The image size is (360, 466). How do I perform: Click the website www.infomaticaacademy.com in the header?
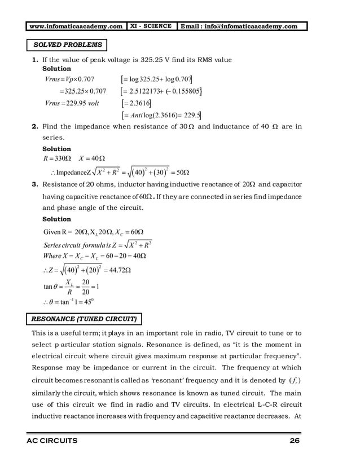pos(76,26)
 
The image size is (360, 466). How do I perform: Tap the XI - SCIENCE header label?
pos(151,26)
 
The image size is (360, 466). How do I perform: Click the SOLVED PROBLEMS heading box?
pos(67,45)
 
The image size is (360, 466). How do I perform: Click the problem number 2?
pos(35,127)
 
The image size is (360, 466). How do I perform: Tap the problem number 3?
pos(35,184)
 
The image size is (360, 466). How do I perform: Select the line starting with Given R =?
pos(93,232)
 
